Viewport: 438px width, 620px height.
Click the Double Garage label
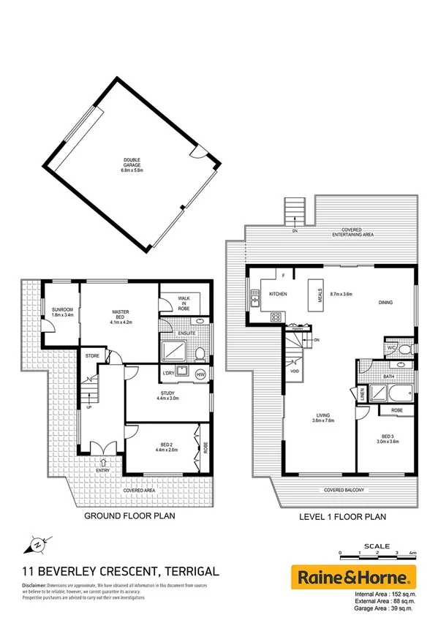[132, 162]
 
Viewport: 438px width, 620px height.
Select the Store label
[91, 356]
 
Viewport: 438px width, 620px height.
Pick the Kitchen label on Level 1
[278, 294]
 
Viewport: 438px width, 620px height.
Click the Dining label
[385, 302]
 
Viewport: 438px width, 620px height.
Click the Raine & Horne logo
[354, 575]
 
